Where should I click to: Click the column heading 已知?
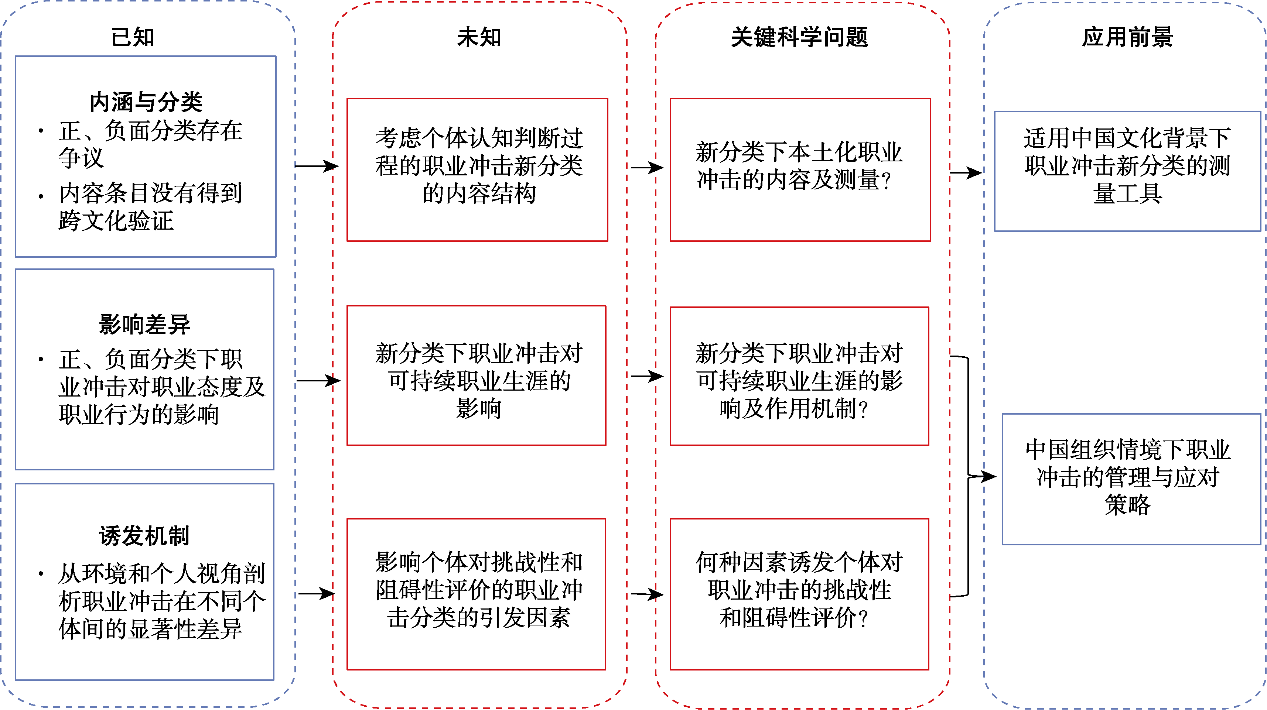(133, 37)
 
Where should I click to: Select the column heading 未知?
(479, 37)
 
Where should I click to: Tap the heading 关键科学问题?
(800, 37)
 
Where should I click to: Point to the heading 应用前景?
(1127, 37)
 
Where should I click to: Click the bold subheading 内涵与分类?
(146, 102)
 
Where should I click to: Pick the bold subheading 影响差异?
(144, 325)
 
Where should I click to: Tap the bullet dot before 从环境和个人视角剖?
(41, 573)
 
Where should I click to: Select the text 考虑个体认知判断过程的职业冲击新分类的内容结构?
(479, 166)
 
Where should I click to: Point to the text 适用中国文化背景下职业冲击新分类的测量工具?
(1127, 166)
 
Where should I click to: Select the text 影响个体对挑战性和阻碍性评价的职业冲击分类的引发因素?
(479, 590)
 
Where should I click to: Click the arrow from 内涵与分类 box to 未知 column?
(316, 166)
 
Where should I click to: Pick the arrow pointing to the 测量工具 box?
(966, 172)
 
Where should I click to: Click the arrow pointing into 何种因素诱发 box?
(647, 594)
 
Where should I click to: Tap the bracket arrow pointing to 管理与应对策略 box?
(979, 476)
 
